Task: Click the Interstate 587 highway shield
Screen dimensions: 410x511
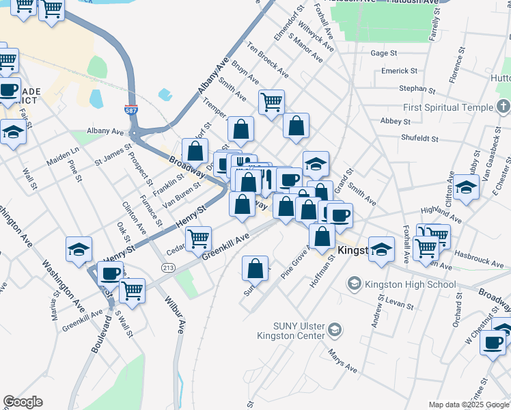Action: point(130,109)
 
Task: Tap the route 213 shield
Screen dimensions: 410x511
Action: point(167,266)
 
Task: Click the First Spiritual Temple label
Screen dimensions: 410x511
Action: point(447,107)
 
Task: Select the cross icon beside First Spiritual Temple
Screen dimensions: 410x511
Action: point(503,107)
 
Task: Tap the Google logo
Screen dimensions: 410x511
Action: point(23,402)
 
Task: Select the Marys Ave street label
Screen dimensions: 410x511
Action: point(343,359)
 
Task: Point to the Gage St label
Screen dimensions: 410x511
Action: point(383,53)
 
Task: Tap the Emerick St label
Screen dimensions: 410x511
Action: point(399,70)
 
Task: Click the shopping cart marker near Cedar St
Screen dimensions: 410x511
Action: point(198,239)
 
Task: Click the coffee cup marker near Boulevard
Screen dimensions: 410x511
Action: point(110,274)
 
